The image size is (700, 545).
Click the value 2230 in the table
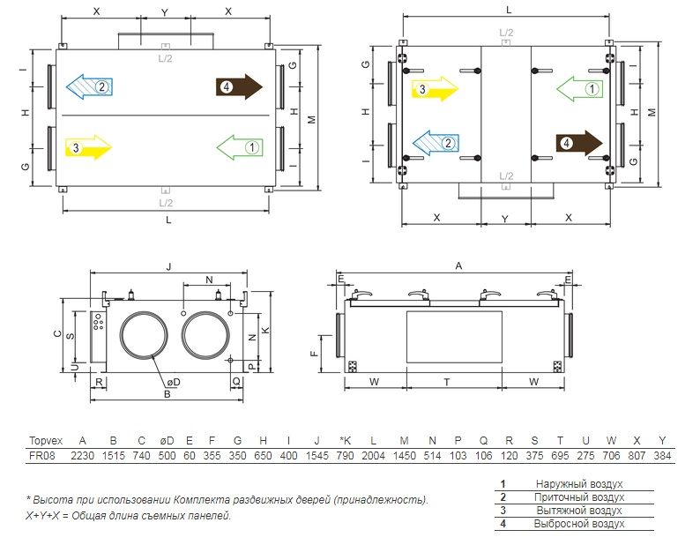pos(83,456)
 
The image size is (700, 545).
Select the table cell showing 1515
pos(114,456)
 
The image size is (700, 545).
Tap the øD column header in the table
pos(167,441)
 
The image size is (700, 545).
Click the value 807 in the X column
pos(637,456)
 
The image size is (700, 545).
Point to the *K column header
pos(345,441)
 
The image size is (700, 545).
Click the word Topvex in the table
pos(46,441)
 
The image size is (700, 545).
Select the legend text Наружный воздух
pos(579,484)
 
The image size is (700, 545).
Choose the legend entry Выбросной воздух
pos(579,524)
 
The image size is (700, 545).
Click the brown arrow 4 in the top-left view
pos(239,86)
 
